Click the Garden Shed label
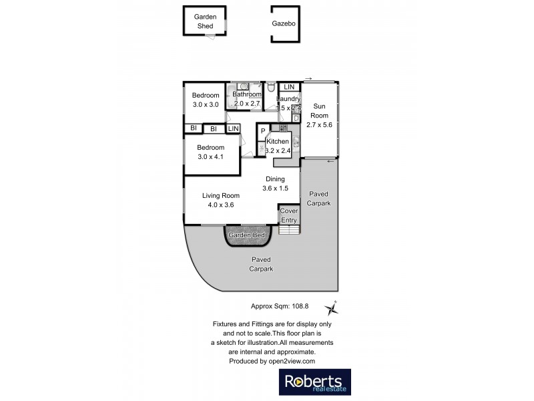click(x=204, y=21)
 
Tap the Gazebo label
click(x=283, y=23)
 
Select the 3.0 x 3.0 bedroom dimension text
click(x=206, y=105)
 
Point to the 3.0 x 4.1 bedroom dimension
click(x=210, y=156)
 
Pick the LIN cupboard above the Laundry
click(x=289, y=88)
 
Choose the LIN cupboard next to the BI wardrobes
click(x=234, y=128)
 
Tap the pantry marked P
click(x=263, y=131)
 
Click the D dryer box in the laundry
click(x=296, y=118)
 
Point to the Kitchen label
click(x=278, y=142)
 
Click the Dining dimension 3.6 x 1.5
click(x=275, y=188)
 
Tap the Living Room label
click(x=220, y=195)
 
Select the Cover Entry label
click(x=289, y=215)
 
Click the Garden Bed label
click(x=247, y=236)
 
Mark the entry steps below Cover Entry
click(x=289, y=230)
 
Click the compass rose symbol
click(x=331, y=308)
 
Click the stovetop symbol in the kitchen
click(x=283, y=127)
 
